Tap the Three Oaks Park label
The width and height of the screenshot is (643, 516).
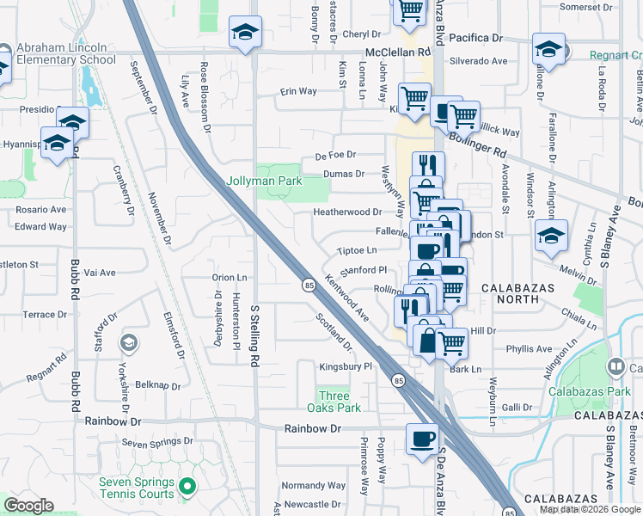coord(334,402)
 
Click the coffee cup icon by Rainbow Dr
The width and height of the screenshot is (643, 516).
coord(421,439)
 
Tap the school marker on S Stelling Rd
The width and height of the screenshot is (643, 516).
coord(245,34)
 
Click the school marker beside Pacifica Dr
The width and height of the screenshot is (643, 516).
coord(548,47)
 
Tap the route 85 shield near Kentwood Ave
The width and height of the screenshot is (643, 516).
coord(308,285)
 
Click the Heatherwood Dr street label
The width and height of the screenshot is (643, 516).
coord(347,212)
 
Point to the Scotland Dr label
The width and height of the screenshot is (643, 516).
coord(334,332)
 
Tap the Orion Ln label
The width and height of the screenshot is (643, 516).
coord(230,278)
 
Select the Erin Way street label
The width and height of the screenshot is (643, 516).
coord(299,91)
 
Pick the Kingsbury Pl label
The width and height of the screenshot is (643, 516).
coord(345,366)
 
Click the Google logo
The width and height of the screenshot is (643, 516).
coord(29,506)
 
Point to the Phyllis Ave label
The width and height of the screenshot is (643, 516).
coord(529,349)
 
